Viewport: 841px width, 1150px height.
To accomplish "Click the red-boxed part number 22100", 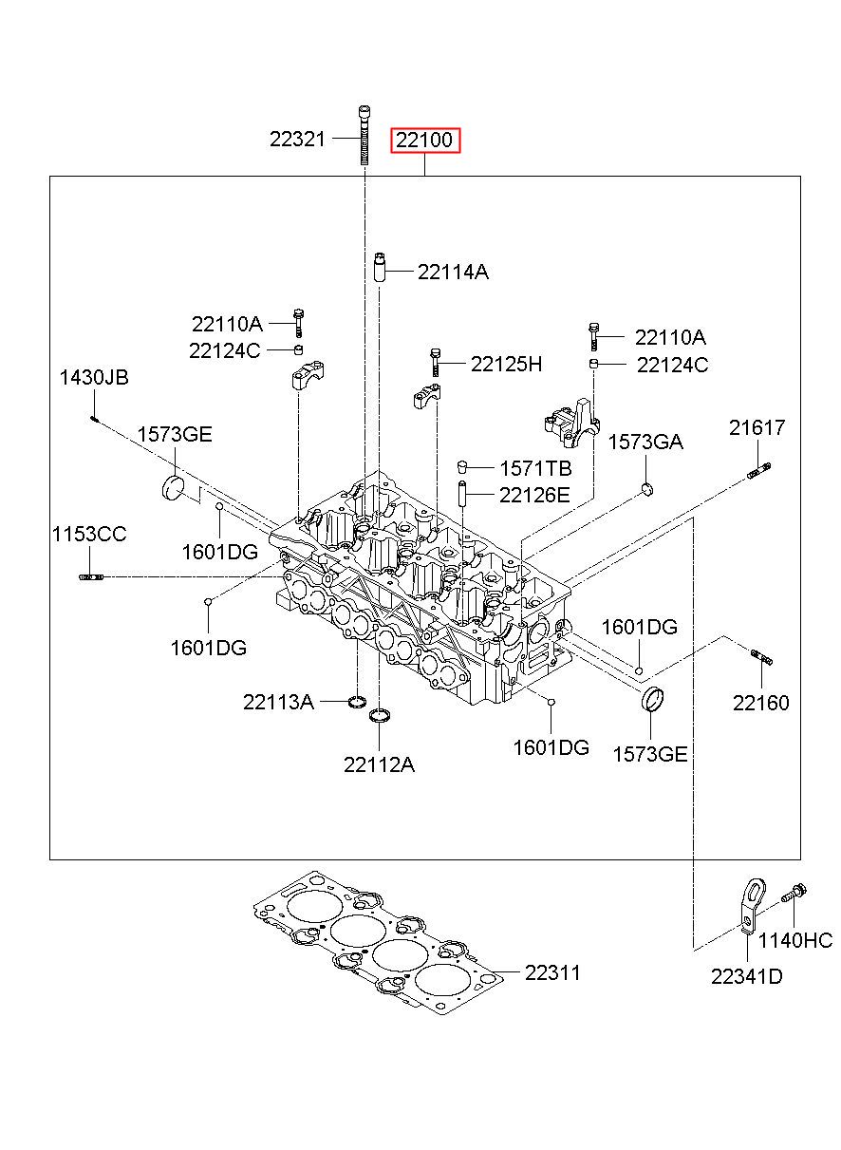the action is [x=425, y=140].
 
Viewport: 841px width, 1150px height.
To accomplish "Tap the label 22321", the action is [x=297, y=140].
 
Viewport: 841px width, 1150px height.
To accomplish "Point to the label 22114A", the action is [x=453, y=272].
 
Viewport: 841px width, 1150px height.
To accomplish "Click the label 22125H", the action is [x=506, y=364].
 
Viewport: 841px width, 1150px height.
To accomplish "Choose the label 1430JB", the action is [x=94, y=377].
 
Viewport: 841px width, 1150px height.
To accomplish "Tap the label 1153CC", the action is [x=89, y=534].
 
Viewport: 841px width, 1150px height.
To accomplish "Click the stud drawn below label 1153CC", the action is [x=91, y=577].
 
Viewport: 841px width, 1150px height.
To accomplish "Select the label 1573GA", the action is [x=645, y=442].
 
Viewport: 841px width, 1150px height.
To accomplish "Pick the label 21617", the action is [x=757, y=427].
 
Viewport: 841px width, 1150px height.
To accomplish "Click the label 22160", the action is [x=760, y=703].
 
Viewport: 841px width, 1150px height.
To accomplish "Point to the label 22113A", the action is [x=278, y=702].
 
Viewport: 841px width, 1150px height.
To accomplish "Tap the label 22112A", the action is [x=379, y=765].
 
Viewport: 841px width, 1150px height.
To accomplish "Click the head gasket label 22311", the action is [x=552, y=972].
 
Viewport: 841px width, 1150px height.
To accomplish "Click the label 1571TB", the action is [x=535, y=468].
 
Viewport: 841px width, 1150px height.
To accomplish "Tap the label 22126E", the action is [x=534, y=495].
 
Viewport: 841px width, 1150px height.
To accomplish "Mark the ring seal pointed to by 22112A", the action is [x=379, y=715].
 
